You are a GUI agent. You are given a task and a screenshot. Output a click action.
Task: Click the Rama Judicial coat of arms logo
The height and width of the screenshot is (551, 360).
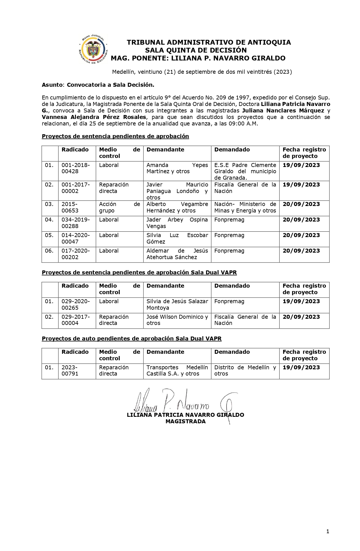[x=93, y=50]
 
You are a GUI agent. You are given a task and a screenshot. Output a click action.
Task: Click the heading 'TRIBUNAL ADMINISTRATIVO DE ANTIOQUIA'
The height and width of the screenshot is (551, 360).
[x=209, y=42]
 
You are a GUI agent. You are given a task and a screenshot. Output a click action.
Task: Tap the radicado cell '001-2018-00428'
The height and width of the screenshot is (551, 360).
[x=75, y=168]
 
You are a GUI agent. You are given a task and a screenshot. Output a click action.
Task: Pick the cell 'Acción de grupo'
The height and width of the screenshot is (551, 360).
[x=119, y=207]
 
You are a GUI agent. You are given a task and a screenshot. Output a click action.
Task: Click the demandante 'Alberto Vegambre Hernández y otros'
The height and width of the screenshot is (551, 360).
[x=177, y=207]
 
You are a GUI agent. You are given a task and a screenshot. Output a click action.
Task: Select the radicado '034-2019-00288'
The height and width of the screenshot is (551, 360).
[x=75, y=223]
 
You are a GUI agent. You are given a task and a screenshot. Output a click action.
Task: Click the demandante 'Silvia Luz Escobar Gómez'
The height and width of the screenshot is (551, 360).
[x=177, y=238]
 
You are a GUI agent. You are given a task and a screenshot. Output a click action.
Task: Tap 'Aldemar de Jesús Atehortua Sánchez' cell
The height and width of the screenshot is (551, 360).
[x=177, y=254]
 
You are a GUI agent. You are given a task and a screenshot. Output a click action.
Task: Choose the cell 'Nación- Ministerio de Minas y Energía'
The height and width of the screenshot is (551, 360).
[x=245, y=207]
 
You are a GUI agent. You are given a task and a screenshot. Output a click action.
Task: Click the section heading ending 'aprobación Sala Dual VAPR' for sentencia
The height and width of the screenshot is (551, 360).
[x=139, y=272]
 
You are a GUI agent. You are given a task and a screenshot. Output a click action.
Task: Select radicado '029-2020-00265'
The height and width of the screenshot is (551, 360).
[x=75, y=305]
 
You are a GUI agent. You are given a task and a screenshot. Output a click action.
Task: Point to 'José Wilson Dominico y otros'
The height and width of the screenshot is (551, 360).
[x=177, y=320]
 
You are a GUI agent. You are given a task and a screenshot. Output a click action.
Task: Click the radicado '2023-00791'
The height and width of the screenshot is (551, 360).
[x=70, y=370]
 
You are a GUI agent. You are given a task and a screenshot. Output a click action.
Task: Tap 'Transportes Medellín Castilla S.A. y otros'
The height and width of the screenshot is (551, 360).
[x=177, y=370]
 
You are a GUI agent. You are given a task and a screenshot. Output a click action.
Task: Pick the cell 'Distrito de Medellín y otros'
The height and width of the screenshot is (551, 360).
[x=245, y=370]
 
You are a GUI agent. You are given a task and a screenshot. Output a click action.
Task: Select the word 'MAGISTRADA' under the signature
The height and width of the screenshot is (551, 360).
[x=186, y=421]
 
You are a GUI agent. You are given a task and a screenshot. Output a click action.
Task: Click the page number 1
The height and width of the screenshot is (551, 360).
[x=328, y=532]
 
